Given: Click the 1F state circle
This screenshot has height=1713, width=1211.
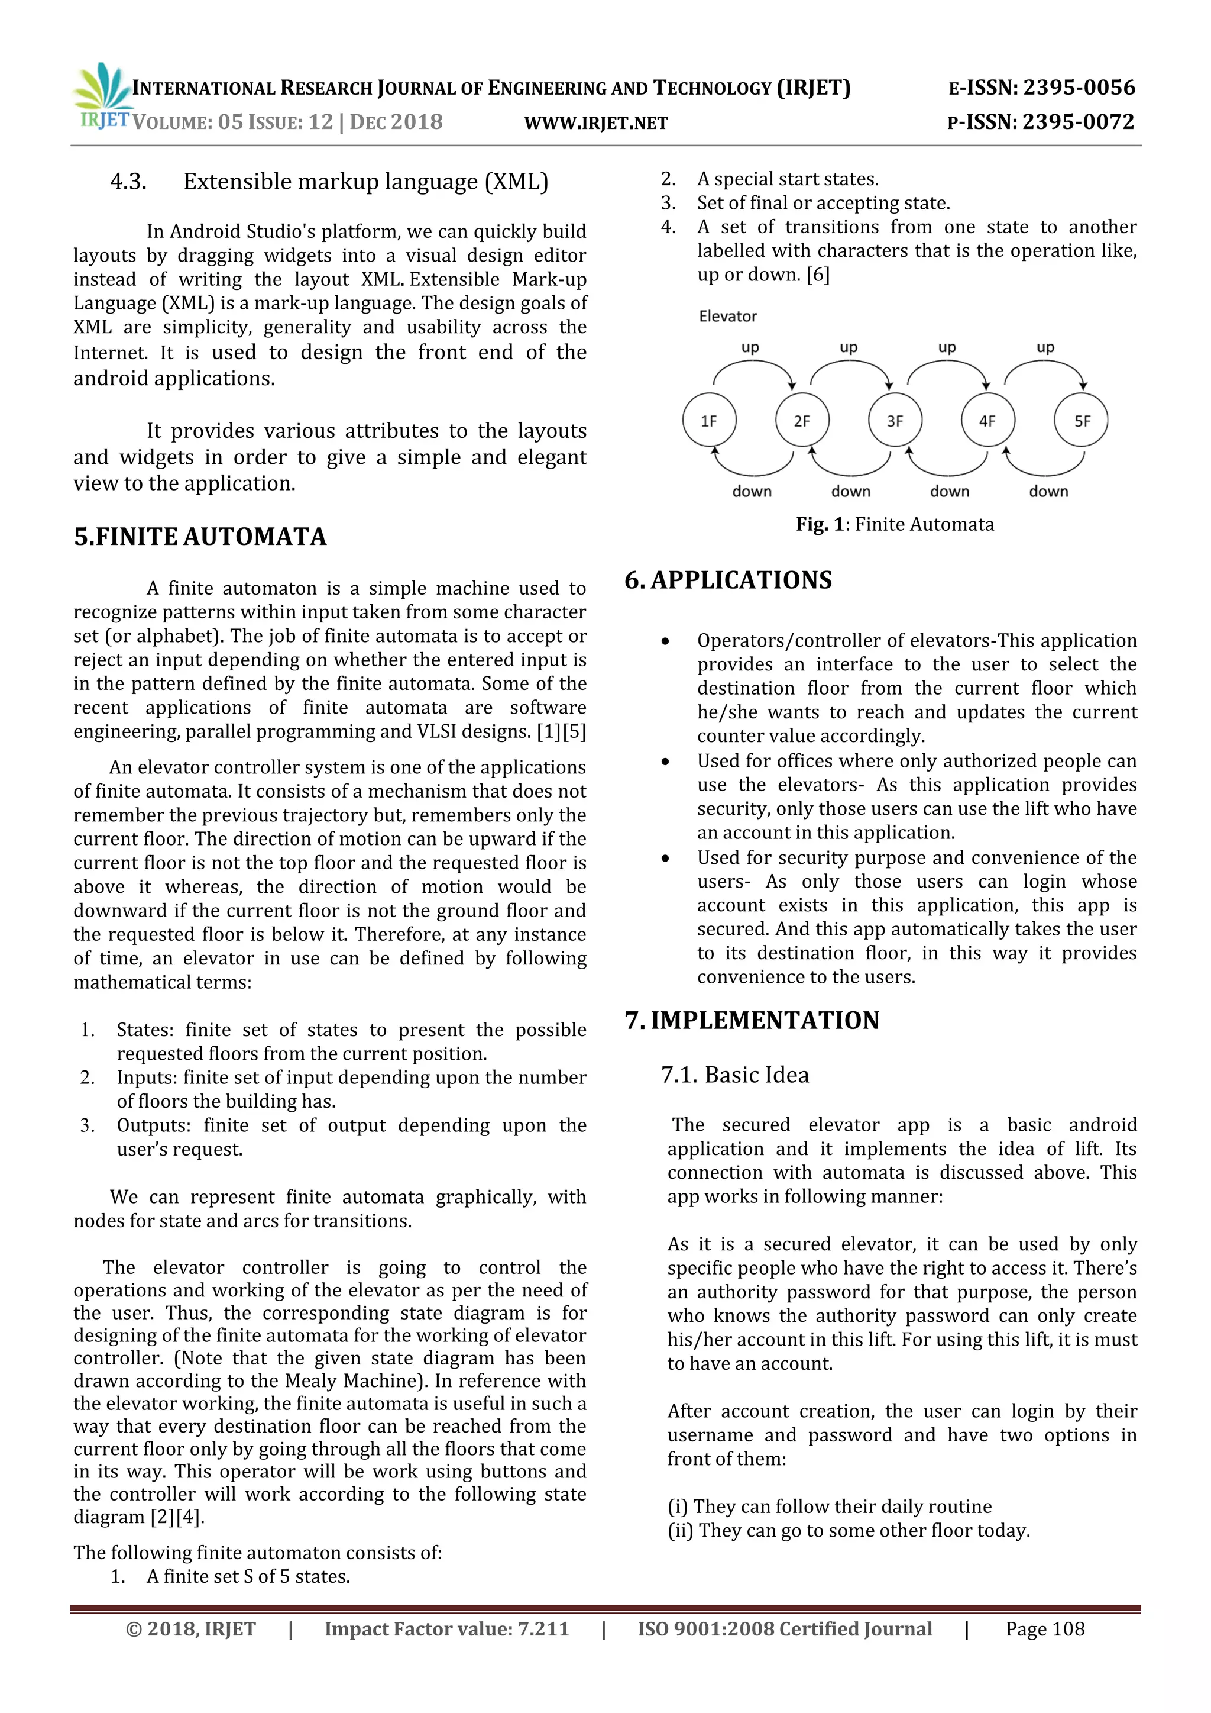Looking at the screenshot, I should click(x=709, y=420).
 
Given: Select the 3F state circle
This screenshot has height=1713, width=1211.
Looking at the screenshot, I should click(x=895, y=420).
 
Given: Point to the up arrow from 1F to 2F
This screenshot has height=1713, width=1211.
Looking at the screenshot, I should click(x=753, y=363).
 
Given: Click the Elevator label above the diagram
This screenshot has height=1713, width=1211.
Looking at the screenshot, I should click(x=728, y=317).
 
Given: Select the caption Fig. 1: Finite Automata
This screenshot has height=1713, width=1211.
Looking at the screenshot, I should click(x=895, y=524).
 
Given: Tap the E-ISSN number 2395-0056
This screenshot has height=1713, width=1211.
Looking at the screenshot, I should click(x=1079, y=88).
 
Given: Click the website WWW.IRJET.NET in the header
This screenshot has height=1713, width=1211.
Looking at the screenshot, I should click(x=596, y=123).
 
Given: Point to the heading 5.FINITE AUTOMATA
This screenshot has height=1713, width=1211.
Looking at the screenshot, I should click(x=200, y=537).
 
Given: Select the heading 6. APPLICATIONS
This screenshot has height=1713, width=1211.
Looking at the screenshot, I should click(x=728, y=580).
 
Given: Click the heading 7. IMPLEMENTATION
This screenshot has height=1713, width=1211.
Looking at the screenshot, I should click(x=752, y=1020).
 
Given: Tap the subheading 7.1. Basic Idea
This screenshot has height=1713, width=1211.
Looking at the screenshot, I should click(x=734, y=1075).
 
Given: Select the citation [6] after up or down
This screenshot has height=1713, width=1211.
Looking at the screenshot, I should click(x=818, y=275).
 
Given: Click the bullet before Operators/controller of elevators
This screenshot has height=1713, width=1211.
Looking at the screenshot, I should click(x=665, y=641).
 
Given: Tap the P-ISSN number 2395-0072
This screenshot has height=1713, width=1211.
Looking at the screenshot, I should click(x=1079, y=122).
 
